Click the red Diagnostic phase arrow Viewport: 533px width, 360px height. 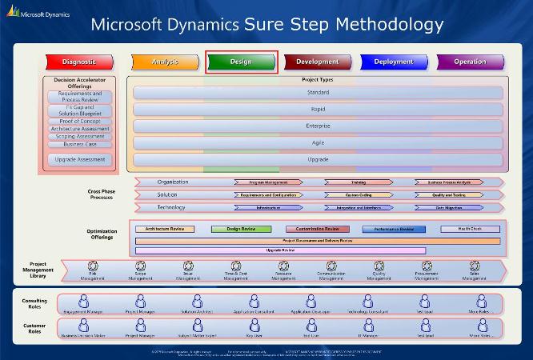point(78,62)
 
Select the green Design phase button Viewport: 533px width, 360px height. point(241,62)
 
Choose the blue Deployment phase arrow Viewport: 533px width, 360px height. point(392,62)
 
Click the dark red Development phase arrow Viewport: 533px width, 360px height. point(317,62)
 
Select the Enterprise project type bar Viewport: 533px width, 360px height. point(317,126)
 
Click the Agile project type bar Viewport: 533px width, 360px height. point(317,142)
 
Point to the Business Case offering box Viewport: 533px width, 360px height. point(80,145)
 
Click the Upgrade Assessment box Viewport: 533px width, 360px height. point(80,159)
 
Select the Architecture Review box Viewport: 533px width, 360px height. point(165,229)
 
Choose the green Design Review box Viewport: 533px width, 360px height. point(241,229)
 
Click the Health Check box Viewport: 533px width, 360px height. point(470,229)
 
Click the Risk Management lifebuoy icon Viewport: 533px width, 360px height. point(93,266)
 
